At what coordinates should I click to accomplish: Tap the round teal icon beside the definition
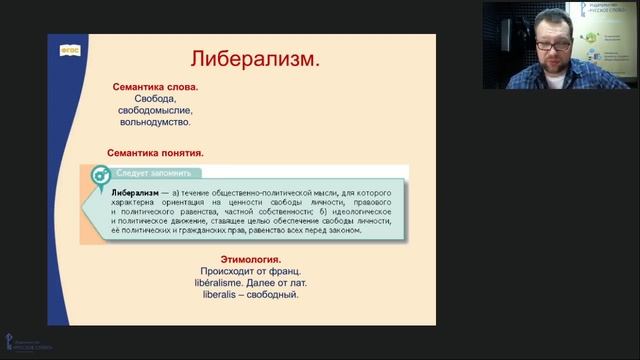click(100, 175)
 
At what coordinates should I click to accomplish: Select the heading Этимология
click(240, 260)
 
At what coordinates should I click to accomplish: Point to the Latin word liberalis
click(204, 295)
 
